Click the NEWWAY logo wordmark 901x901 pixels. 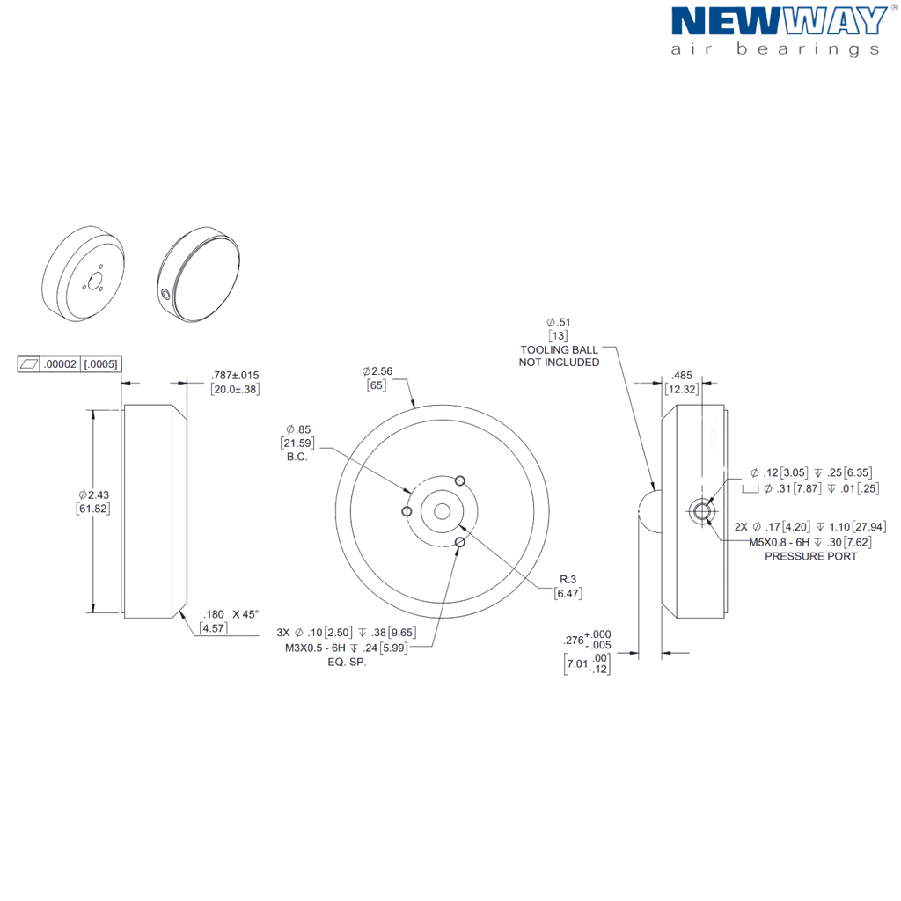(x=780, y=21)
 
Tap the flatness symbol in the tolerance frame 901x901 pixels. (x=28, y=363)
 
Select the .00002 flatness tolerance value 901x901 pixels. (x=61, y=363)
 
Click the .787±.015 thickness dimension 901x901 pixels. (x=235, y=375)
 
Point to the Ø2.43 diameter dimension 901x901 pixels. (x=93, y=494)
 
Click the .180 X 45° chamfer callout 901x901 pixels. (x=231, y=614)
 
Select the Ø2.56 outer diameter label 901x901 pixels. (x=377, y=371)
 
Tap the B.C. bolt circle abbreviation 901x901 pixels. (x=297, y=457)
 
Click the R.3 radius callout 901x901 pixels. (x=568, y=579)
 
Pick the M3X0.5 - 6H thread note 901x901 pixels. (x=316, y=648)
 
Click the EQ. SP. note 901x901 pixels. (x=347, y=662)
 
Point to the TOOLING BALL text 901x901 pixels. (x=559, y=349)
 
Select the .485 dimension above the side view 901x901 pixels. (x=682, y=375)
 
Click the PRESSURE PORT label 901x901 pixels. (x=810, y=556)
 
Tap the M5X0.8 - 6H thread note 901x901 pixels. (x=780, y=542)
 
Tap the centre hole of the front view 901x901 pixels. (x=442, y=511)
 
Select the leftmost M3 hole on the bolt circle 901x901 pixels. (x=407, y=511)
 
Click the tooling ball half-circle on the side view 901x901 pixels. (x=650, y=511)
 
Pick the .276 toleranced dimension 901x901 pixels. (x=587, y=640)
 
